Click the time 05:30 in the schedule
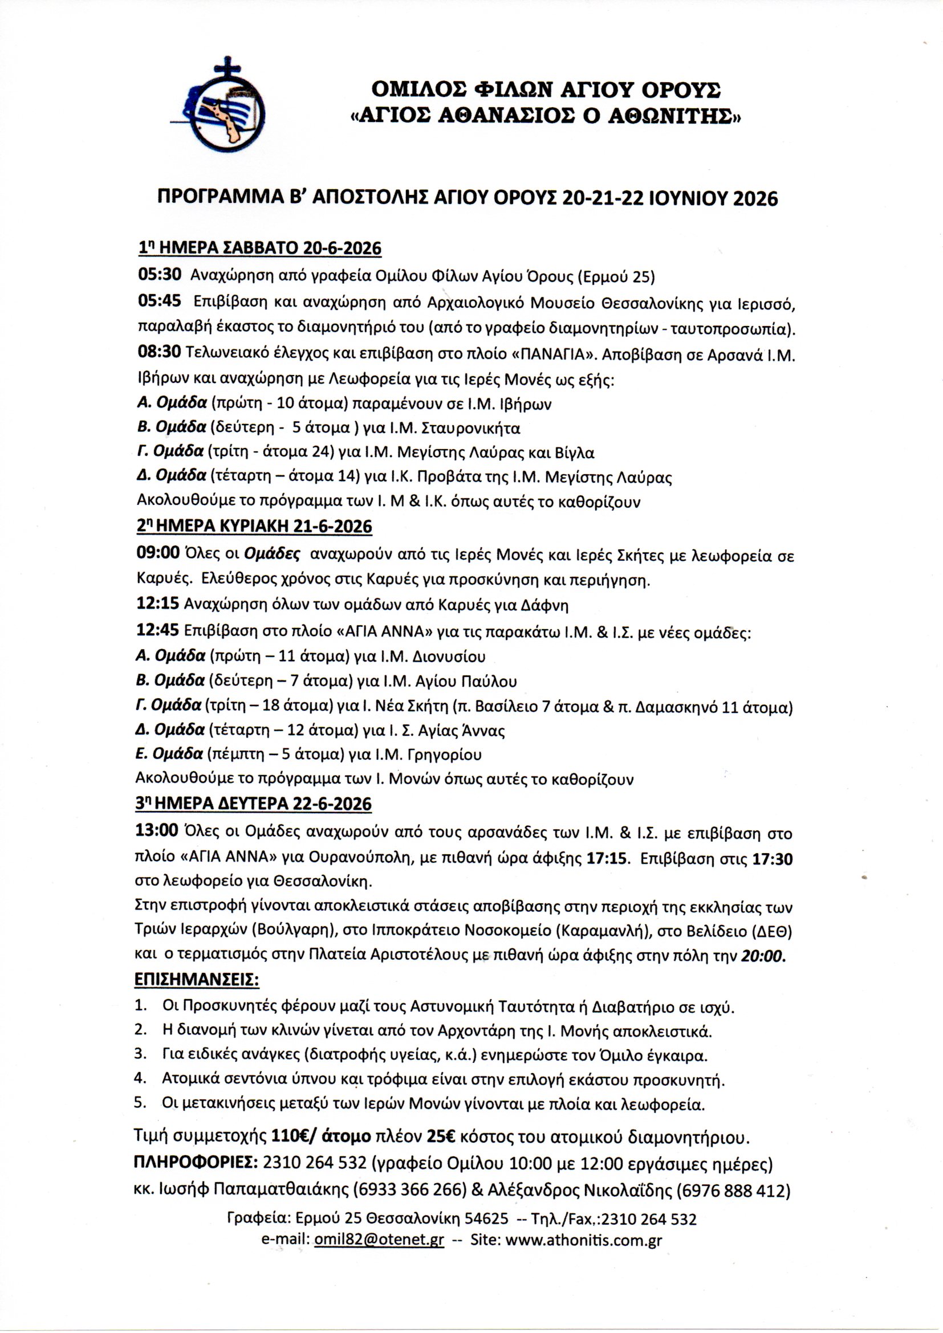pyautogui.click(x=159, y=275)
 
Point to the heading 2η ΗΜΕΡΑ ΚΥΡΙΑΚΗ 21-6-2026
pyautogui.click(x=254, y=526)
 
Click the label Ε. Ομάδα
pyautogui.click(x=169, y=754)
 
